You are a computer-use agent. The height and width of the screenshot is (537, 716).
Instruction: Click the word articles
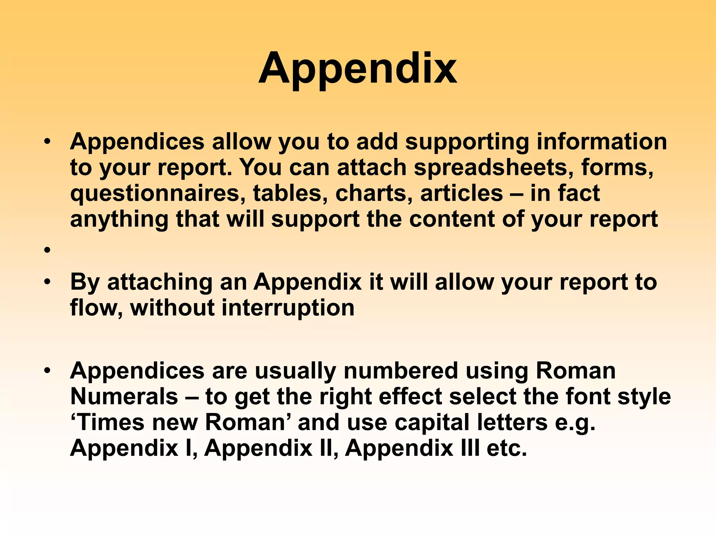pyautogui.click(x=461, y=193)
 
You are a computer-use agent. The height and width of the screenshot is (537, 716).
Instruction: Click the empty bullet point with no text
pyautogui.click(x=48, y=250)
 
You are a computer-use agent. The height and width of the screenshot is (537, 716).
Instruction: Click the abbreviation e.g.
pyautogui.click(x=575, y=422)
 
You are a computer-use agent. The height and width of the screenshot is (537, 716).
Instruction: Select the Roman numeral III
pyautogui.click(x=470, y=448)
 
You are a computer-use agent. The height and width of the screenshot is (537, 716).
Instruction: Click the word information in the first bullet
pyautogui.click(x=602, y=142)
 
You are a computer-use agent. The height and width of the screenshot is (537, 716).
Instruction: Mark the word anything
pyautogui.click(x=119, y=220)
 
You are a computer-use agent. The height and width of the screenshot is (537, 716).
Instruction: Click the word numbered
pyautogui.click(x=401, y=371)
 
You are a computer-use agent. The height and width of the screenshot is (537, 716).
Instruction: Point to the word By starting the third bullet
pyautogui.click(x=85, y=282)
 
